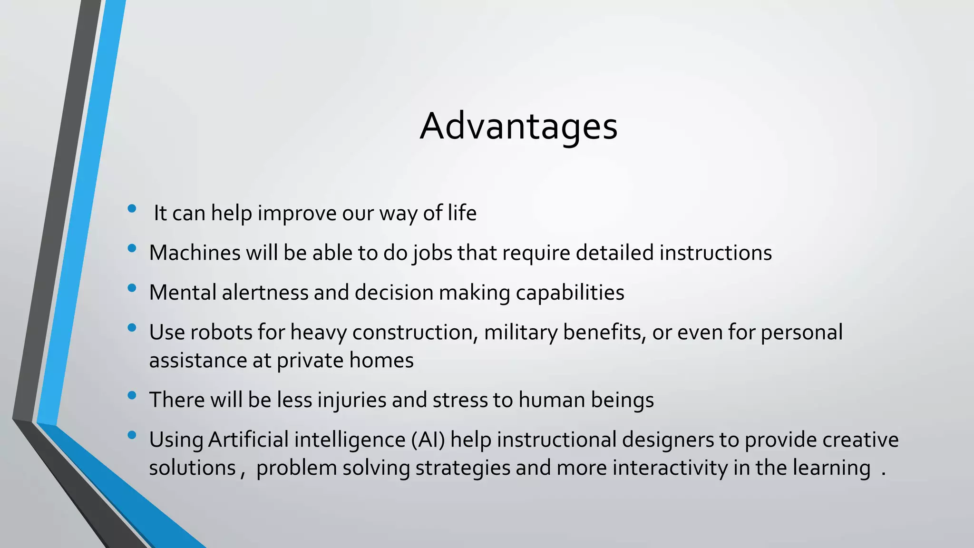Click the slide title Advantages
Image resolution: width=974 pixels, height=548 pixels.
(x=518, y=127)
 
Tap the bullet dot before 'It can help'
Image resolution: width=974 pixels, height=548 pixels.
(x=132, y=208)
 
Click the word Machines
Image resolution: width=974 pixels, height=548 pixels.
(x=195, y=253)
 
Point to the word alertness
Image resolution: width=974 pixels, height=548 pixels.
(x=265, y=292)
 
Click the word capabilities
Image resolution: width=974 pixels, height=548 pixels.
(x=570, y=293)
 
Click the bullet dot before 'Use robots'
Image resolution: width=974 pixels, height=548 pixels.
(x=132, y=327)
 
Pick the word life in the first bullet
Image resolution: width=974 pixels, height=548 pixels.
(x=462, y=213)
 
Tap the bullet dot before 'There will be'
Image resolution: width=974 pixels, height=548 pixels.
(x=132, y=395)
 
